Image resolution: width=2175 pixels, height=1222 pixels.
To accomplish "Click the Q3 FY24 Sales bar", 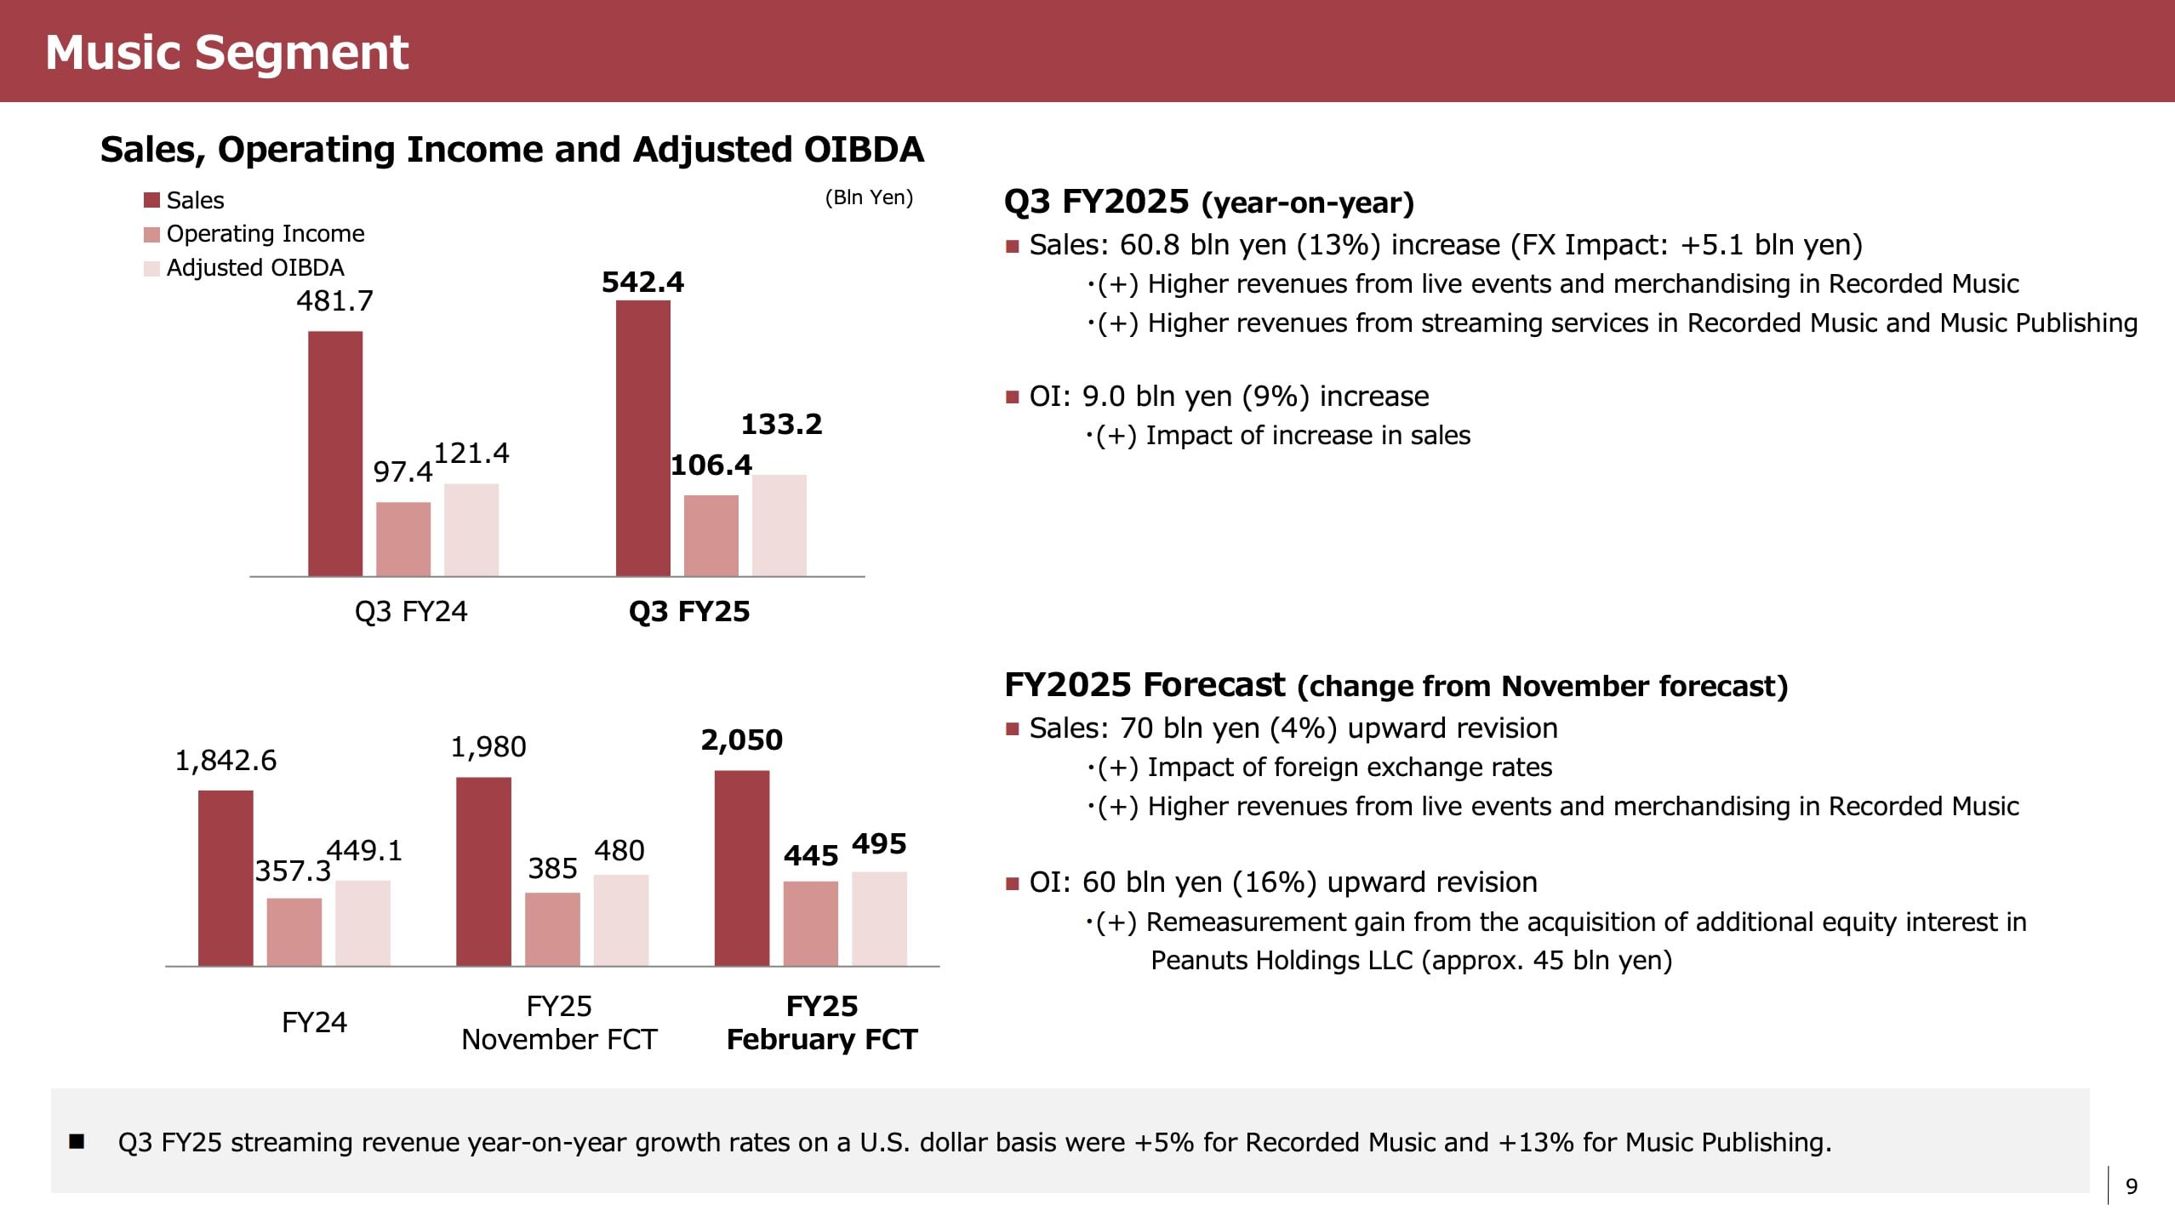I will point(335,454).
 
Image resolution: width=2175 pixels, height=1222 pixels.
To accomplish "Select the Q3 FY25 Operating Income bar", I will point(711,535).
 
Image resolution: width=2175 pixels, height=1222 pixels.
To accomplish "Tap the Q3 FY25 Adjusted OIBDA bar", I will point(779,525).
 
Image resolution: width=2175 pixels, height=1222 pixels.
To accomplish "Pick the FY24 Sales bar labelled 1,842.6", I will point(225,877).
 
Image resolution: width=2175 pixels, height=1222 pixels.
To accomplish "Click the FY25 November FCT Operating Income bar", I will point(552,928).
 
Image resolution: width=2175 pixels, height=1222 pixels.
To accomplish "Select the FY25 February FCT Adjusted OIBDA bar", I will point(879,918).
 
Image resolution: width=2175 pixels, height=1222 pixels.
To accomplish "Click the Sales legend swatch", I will point(152,201).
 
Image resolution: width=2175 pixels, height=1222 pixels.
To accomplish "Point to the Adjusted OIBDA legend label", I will point(255,268).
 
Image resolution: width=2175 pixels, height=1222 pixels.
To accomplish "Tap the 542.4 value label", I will point(642,283).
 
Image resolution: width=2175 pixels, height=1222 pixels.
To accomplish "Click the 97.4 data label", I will point(402,471).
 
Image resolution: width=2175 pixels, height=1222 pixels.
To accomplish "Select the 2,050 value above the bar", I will point(741,740).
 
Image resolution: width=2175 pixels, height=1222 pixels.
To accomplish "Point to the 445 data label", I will point(811,855).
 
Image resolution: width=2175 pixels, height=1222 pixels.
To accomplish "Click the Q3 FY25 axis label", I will point(689,612).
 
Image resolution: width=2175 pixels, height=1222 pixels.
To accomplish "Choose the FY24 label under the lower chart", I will point(314,1022).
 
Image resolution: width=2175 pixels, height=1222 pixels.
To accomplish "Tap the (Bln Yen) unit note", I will point(869,197).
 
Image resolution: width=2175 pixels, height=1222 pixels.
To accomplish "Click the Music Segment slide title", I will point(227,52).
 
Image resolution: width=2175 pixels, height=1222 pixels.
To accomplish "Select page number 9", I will point(2132,1186).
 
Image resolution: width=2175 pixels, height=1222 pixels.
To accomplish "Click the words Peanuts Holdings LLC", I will point(1282,961).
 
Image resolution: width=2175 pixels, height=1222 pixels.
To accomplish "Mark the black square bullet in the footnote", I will point(77,1142).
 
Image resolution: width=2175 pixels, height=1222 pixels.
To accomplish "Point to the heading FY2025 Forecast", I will point(1145,685).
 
